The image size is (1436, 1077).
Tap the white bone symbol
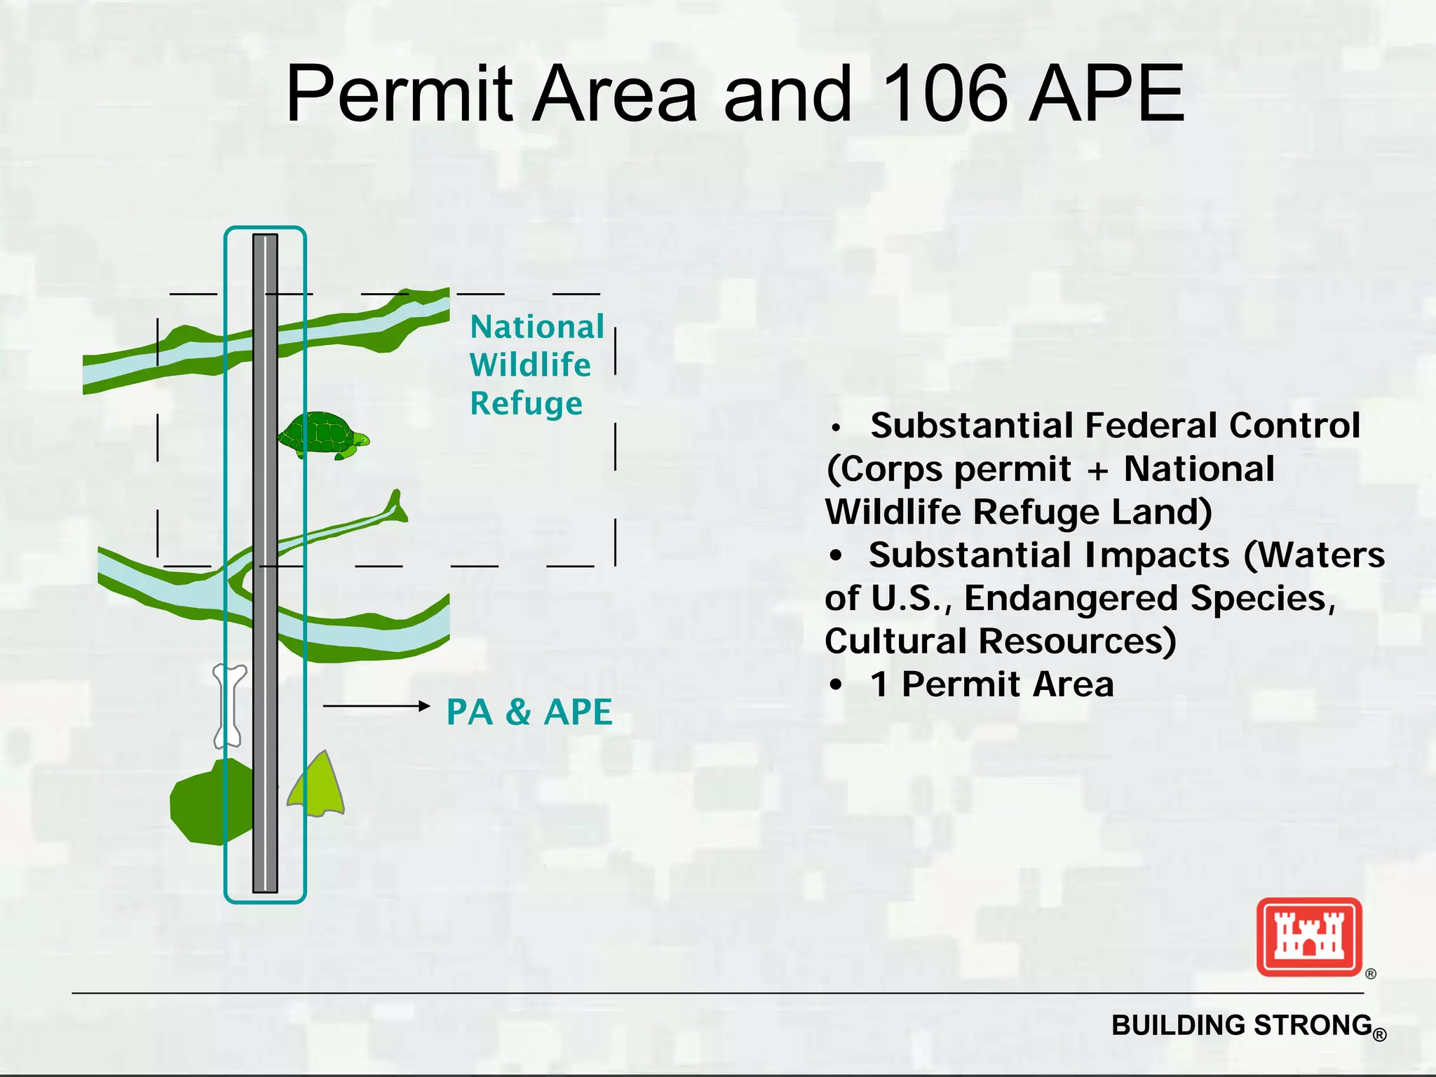click(229, 705)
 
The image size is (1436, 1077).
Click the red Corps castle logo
click(1309, 937)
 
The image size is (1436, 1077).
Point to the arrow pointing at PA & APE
click(376, 706)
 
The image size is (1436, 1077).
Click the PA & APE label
click(529, 712)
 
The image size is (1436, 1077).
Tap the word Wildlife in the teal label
click(530, 365)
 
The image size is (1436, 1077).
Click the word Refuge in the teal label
click(526, 404)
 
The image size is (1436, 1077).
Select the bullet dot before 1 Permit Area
click(835, 685)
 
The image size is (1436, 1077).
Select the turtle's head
click(361, 440)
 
